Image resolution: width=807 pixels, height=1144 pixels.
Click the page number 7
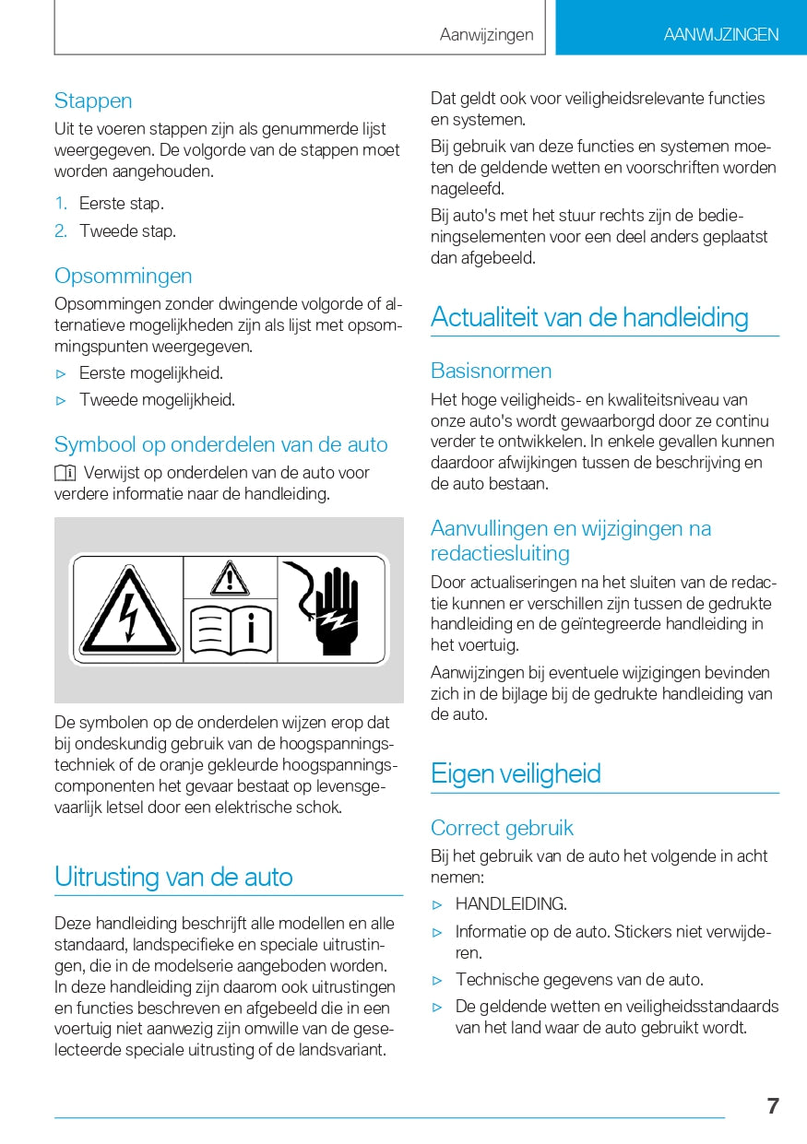(773, 1106)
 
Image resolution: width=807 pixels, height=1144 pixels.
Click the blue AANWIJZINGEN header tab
(720, 35)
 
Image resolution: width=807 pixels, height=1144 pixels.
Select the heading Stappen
(93, 100)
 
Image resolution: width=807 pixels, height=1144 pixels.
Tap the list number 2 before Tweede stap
(61, 231)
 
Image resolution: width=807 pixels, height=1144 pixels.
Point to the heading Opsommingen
(123, 276)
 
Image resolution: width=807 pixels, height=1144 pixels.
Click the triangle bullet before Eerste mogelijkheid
(62, 374)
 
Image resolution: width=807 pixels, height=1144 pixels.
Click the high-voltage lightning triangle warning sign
(128, 610)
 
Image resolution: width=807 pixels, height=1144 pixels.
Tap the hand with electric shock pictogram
(333, 608)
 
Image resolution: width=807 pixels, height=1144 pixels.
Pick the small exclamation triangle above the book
(230, 578)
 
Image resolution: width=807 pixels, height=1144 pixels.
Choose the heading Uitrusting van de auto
(173, 876)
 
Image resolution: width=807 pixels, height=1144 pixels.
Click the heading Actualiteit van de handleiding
(589, 317)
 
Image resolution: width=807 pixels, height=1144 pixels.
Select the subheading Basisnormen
(491, 371)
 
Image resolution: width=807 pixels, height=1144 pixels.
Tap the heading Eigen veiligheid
(516, 773)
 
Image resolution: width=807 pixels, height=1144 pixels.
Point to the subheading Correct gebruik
(502, 828)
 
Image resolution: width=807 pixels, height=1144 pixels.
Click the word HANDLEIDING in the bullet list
(511, 903)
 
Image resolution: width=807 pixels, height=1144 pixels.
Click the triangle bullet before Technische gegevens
(438, 980)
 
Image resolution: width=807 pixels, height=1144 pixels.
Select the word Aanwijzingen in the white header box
(486, 35)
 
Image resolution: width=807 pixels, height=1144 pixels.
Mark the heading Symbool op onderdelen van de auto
(220, 444)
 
